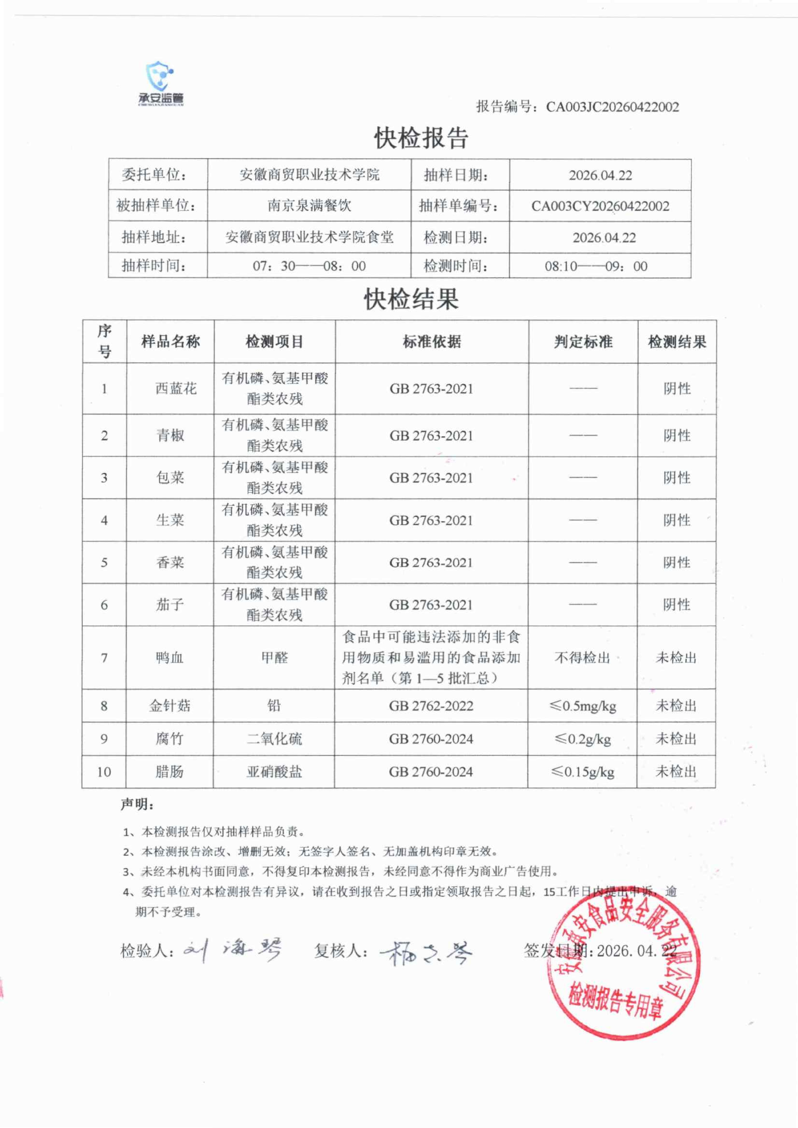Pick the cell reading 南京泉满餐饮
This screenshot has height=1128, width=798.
[x=309, y=205]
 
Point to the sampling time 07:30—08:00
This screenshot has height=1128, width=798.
[x=309, y=266]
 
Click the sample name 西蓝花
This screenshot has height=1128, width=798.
[x=176, y=389]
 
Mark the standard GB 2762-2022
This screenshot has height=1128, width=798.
[x=431, y=706]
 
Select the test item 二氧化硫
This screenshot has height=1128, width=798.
[x=274, y=739]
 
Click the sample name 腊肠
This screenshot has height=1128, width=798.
[x=169, y=772]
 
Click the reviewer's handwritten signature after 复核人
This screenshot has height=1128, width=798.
[x=425, y=953]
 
